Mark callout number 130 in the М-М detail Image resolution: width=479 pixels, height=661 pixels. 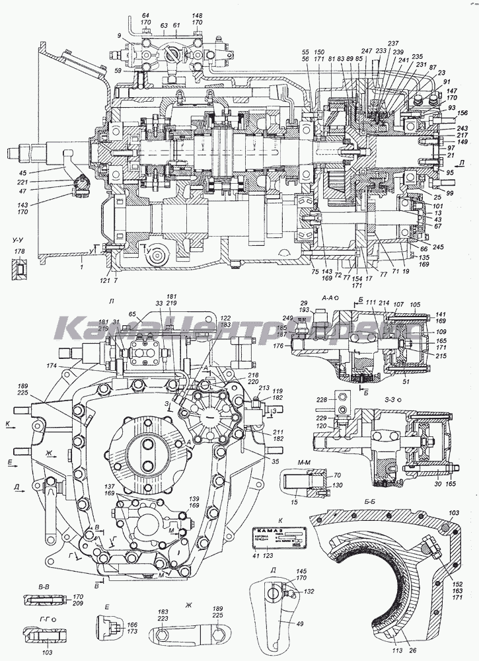[337, 485]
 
